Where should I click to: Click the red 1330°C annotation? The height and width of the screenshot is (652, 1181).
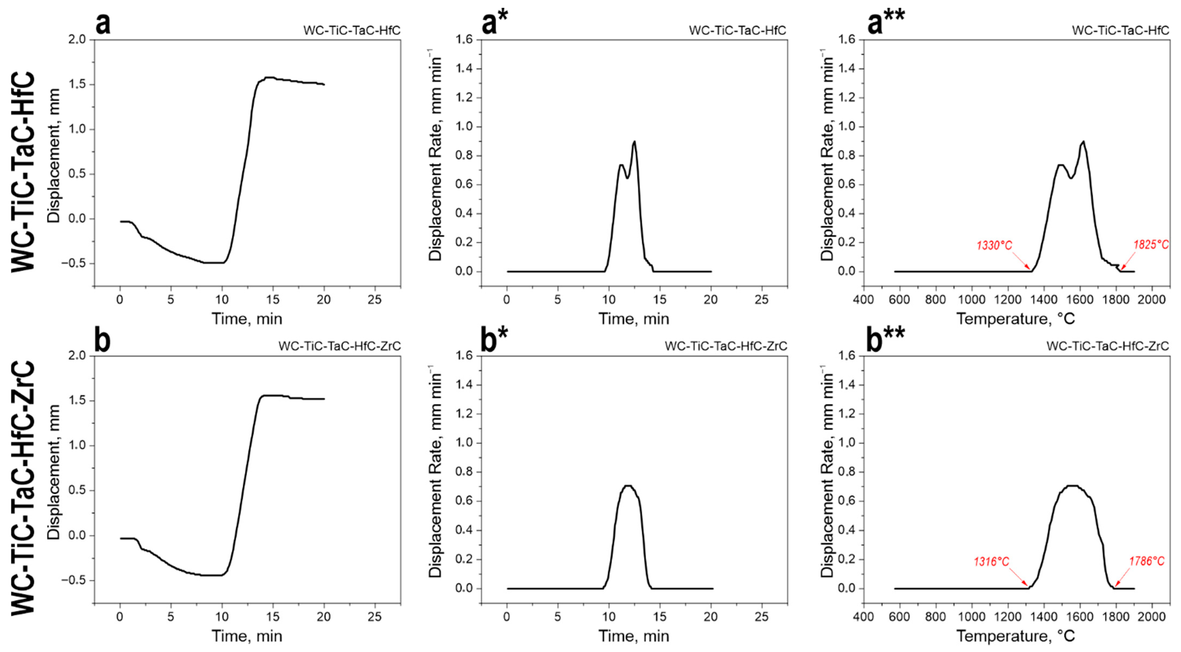click(x=994, y=245)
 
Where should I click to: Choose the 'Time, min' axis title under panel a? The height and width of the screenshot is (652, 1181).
click(x=247, y=318)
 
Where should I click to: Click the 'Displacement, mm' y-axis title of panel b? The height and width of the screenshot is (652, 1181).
click(x=54, y=472)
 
